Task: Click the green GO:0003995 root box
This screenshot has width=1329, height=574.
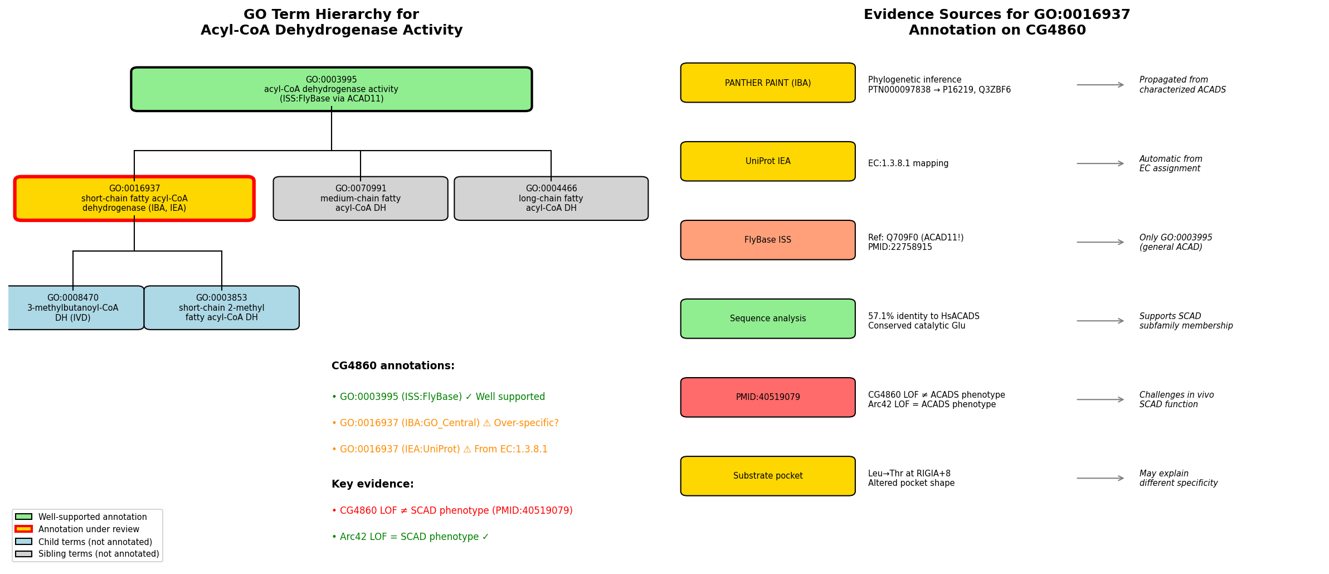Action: tap(332, 89)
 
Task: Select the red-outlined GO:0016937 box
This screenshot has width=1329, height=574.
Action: tap(134, 199)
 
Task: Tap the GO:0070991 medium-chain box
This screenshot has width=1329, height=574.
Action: tap(361, 199)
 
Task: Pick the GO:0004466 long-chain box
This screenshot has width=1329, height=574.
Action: tap(551, 199)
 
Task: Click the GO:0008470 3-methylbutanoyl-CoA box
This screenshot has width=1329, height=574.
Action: tap(73, 308)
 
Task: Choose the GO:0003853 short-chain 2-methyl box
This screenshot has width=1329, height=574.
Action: tap(222, 308)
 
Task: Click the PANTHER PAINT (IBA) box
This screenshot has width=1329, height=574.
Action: tap(768, 83)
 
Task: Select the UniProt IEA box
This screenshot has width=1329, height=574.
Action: tap(768, 161)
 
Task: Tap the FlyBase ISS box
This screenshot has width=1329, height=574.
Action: tap(768, 240)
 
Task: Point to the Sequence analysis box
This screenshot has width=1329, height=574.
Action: tap(768, 319)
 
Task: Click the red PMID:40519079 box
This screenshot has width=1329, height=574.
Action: tap(768, 397)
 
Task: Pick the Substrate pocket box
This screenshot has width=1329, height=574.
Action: tap(768, 476)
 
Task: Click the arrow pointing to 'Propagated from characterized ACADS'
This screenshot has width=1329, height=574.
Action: tap(1101, 85)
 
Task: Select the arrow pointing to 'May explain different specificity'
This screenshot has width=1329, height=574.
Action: tap(1101, 478)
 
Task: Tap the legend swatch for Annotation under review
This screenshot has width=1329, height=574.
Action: tap(23, 529)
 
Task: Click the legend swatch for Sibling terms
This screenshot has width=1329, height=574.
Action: tap(23, 554)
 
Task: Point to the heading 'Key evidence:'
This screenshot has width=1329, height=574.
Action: tap(373, 484)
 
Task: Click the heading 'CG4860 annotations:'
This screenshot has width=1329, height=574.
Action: tap(393, 366)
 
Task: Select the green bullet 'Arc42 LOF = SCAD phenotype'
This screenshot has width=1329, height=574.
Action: tap(410, 537)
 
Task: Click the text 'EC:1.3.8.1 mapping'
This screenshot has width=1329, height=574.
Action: tap(908, 163)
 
